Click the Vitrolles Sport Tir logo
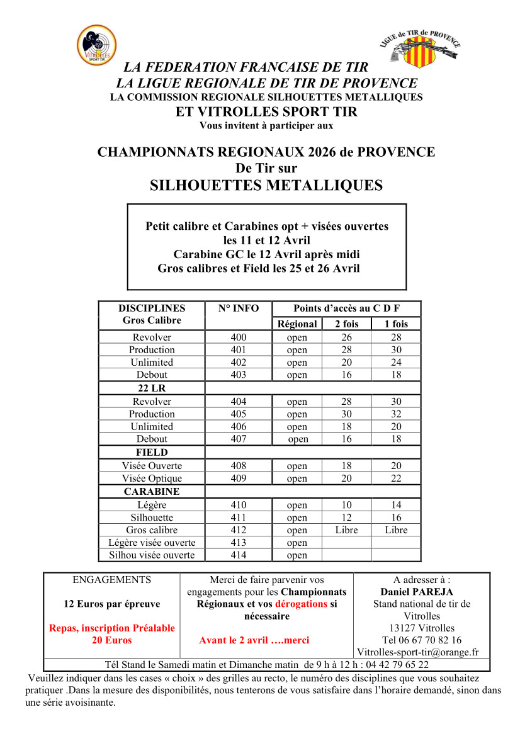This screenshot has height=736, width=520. (x=96, y=45)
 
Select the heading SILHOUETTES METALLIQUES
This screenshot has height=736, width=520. (x=266, y=185)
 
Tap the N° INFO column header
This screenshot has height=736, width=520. (x=239, y=309)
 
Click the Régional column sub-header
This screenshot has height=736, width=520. (x=297, y=324)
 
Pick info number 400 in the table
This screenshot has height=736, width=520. (x=239, y=337)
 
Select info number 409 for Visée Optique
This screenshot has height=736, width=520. (x=239, y=478)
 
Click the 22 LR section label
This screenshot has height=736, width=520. (x=152, y=388)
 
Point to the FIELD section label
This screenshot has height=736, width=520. (x=152, y=452)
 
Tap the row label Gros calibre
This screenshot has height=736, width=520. (x=152, y=530)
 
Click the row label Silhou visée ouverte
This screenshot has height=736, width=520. (x=152, y=555)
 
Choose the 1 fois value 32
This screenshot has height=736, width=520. (x=396, y=414)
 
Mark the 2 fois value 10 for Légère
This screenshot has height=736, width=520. (x=346, y=505)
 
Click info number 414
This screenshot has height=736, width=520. (x=239, y=555)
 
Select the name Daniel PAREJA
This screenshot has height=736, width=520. (x=417, y=592)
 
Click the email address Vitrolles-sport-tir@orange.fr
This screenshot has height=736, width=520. (x=418, y=652)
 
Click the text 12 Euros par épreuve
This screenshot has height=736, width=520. (x=112, y=604)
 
